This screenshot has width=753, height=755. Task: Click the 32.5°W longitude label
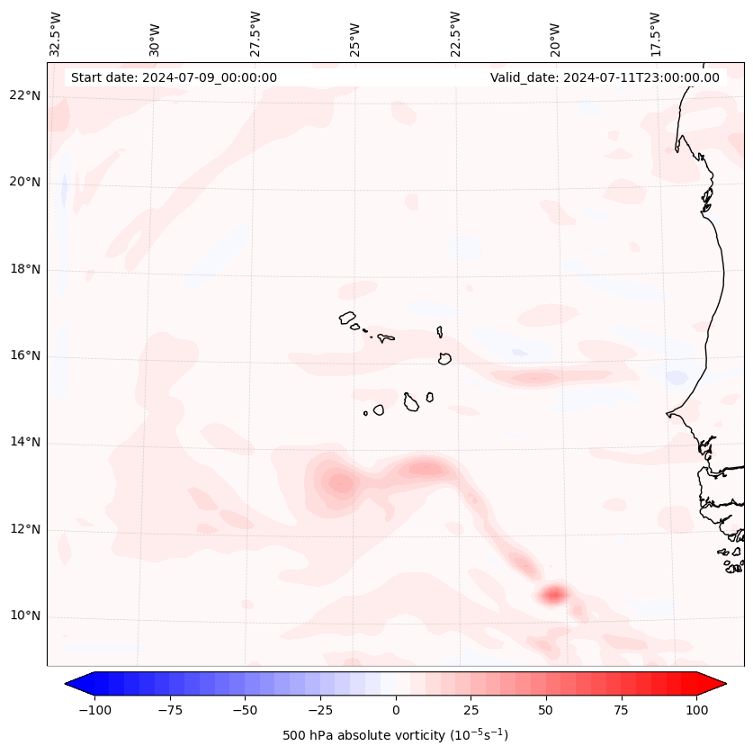[56, 33]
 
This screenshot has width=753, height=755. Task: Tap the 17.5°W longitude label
[655, 33]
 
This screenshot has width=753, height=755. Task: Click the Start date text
[174, 77]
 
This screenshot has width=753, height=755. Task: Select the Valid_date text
[605, 77]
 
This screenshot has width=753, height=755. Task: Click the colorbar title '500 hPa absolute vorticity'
[395, 735]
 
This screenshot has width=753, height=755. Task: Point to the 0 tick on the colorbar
[395, 710]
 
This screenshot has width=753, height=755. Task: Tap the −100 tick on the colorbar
[95, 710]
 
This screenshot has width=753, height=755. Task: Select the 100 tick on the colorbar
[695, 710]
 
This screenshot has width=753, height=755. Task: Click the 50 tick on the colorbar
[545, 710]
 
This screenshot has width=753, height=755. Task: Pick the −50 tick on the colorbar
[245, 710]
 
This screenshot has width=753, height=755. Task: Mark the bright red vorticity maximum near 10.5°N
[553, 594]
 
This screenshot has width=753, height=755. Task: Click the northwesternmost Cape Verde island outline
[347, 318]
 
